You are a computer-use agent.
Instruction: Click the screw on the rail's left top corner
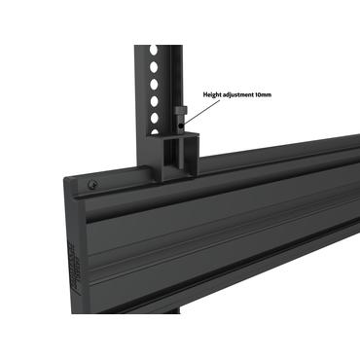(90, 183)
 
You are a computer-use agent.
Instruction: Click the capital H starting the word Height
(204, 95)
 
